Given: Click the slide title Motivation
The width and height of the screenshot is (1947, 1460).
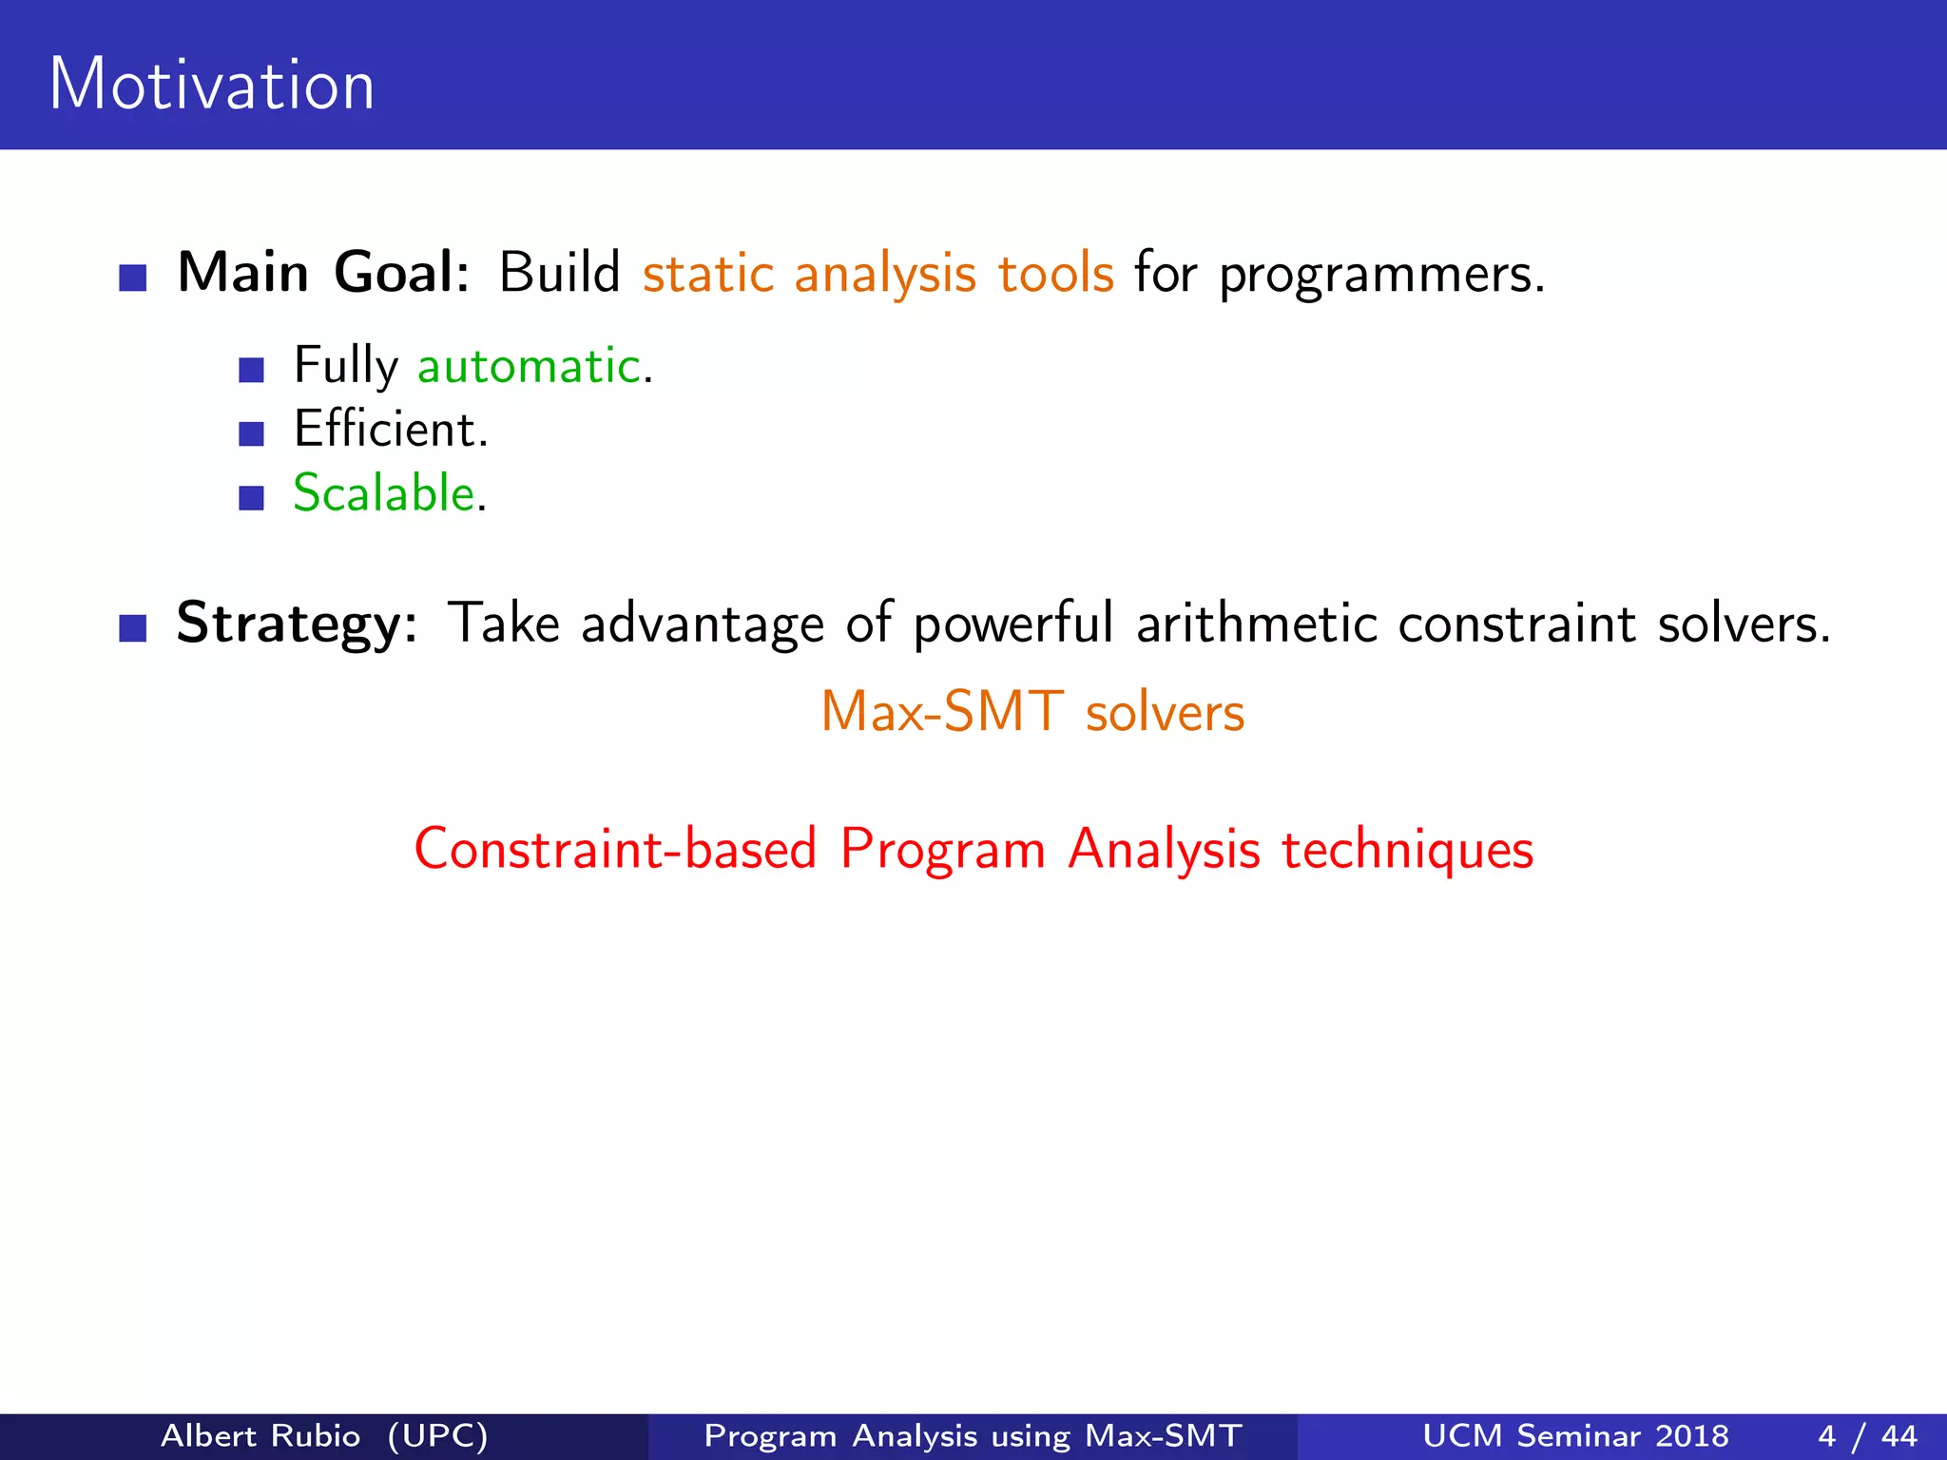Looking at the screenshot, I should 211,85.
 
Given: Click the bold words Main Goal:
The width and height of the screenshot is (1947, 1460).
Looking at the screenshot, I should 323,273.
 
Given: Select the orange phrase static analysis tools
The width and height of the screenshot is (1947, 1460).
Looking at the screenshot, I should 877,275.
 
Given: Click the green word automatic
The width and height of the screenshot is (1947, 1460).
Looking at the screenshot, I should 530,366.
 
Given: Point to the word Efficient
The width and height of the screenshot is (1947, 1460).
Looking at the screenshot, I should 390,430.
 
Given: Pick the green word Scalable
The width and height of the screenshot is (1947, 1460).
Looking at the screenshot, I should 383,493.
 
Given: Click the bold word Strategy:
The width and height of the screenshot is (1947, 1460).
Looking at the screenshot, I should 297,624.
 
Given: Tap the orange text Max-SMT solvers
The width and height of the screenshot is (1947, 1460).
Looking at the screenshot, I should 1032,712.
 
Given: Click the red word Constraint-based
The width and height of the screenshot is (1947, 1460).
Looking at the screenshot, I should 615,849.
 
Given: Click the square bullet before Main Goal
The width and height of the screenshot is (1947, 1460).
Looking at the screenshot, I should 133,278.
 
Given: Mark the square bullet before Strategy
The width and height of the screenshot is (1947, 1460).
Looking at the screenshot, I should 133,628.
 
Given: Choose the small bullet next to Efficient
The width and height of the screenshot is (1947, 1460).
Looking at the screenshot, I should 251,434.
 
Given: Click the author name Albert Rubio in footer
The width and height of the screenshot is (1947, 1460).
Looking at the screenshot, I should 260,1435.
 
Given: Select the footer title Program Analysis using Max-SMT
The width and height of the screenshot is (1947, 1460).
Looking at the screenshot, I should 973,1435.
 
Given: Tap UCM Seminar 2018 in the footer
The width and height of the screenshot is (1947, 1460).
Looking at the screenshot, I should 1575,1435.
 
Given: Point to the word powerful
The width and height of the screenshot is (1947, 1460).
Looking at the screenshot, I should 1012,624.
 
